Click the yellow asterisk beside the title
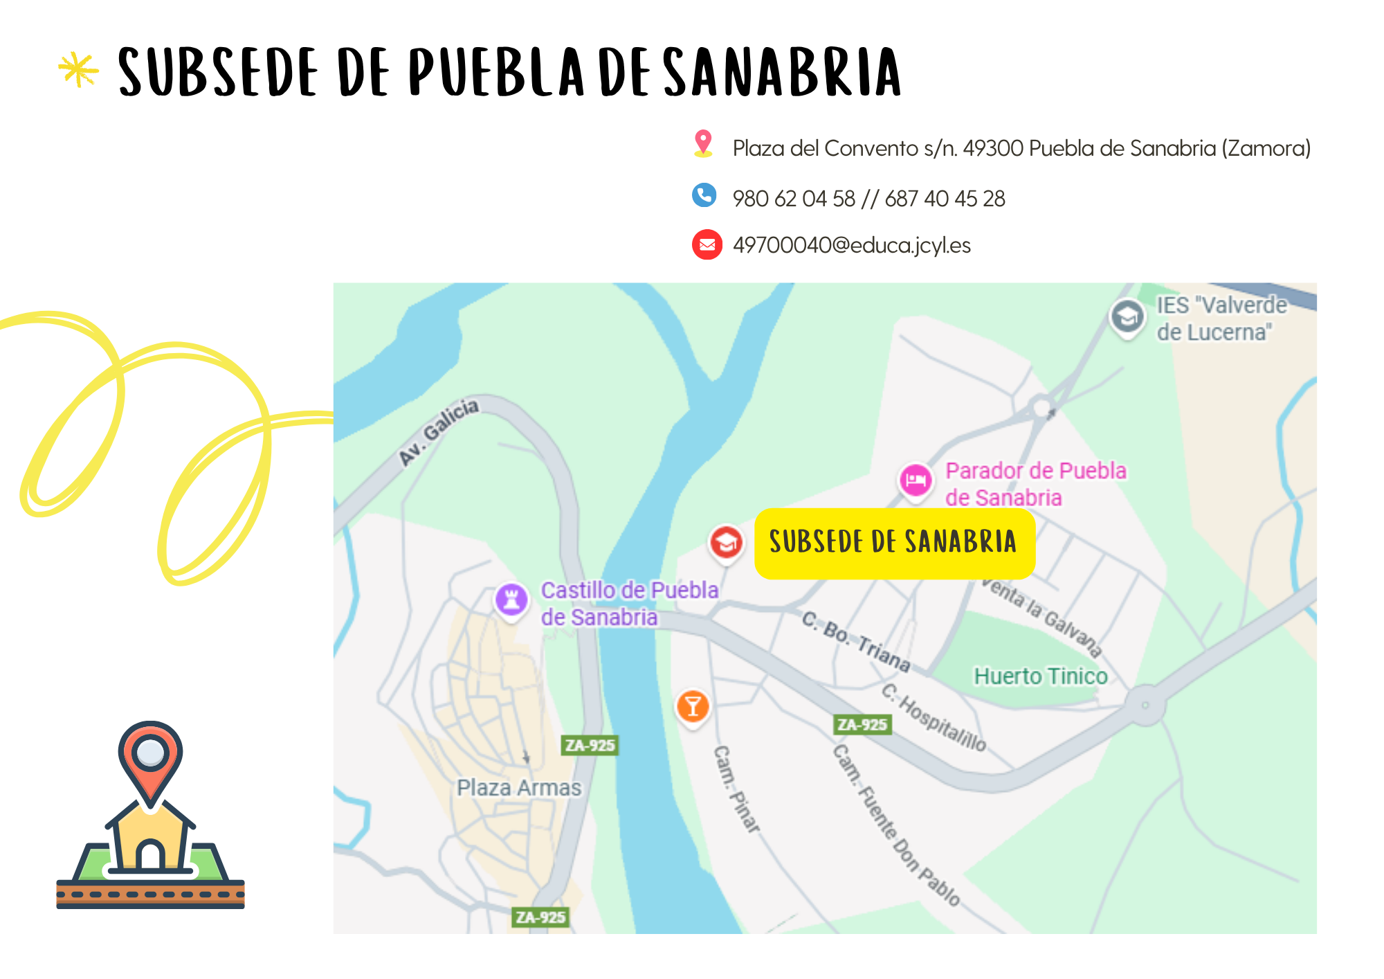point(78,70)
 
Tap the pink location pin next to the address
point(703,143)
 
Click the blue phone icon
point(704,195)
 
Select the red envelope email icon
point(707,244)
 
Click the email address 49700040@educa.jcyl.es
point(851,245)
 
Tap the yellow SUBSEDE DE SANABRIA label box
point(894,543)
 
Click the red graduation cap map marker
point(726,542)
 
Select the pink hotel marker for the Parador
point(916,479)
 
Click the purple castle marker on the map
point(511,599)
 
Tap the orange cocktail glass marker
point(692,706)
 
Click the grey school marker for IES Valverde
point(1127,317)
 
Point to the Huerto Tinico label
point(1040,676)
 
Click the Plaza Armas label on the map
point(519,787)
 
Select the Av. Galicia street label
point(439,431)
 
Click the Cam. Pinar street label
point(736,788)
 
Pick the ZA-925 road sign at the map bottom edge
point(540,917)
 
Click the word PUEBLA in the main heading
point(496,72)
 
